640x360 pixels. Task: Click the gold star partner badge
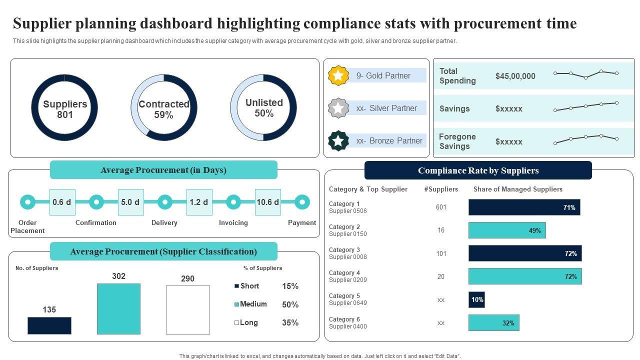point(338,75)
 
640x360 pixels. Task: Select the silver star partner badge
point(338,108)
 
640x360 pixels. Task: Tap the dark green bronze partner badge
point(338,141)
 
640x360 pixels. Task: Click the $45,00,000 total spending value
point(515,76)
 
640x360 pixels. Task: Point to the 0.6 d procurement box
point(62,202)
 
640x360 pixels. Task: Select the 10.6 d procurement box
point(268,202)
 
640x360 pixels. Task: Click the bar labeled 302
point(118,308)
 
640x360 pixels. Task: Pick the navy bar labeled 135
point(49,325)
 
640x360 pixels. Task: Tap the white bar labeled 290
point(187,309)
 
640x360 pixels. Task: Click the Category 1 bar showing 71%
point(524,207)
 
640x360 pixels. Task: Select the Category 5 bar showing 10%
point(476,299)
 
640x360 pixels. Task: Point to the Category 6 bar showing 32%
point(493,323)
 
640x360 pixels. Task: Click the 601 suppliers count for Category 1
point(441,207)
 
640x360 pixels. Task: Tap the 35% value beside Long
point(290,322)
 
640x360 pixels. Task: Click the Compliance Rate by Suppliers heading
point(478,170)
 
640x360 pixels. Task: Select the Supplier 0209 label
point(348,280)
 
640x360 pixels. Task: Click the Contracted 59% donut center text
point(163,109)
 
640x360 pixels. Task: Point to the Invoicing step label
point(233,222)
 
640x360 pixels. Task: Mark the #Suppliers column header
point(440,189)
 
